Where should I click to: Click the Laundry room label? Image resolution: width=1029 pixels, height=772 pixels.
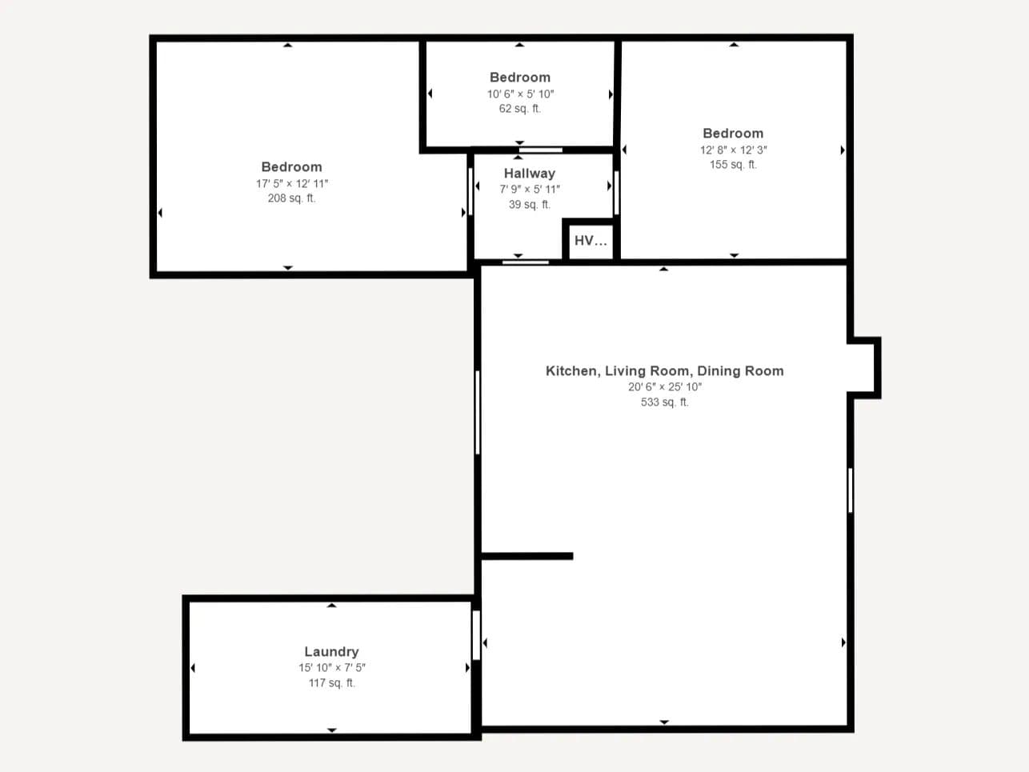(331, 651)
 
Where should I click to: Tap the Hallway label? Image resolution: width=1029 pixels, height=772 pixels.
(529, 174)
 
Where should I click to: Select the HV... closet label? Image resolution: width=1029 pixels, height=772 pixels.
(591, 241)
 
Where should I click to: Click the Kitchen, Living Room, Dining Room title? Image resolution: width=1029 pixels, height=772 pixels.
(664, 370)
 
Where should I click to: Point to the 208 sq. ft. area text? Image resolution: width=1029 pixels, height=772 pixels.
(291, 198)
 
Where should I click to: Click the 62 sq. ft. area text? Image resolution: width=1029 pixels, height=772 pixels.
(520, 109)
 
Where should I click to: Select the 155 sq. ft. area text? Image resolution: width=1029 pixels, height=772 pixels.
(733, 165)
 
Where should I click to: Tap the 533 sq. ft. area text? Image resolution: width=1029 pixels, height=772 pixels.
(665, 402)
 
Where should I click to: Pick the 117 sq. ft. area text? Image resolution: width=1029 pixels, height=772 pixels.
(332, 683)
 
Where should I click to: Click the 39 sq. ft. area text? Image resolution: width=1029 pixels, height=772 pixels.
(529, 204)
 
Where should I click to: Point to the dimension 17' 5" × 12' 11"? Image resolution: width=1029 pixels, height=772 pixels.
(291, 183)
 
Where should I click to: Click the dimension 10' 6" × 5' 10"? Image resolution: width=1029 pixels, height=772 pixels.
(520, 94)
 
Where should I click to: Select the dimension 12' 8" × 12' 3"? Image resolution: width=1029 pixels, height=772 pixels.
(733, 150)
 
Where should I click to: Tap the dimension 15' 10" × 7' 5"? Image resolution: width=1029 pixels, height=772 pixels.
(332, 667)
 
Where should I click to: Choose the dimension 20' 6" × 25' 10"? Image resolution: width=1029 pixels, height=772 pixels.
(665, 386)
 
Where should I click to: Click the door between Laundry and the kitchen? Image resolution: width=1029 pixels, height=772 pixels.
(476, 635)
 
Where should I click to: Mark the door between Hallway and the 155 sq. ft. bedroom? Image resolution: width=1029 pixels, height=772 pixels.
(616, 193)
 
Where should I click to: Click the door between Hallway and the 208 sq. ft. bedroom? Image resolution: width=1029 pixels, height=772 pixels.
(470, 191)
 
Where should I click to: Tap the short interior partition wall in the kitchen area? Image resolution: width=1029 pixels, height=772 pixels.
(527, 556)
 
